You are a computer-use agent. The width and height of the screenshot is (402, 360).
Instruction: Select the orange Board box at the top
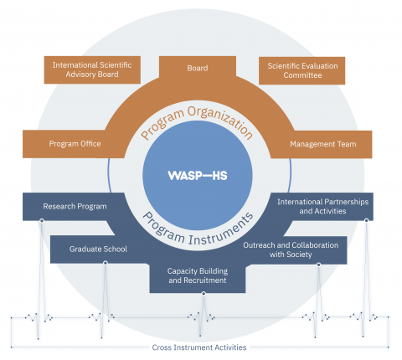click(x=198, y=69)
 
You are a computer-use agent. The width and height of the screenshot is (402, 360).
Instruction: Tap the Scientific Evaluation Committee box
click(x=301, y=69)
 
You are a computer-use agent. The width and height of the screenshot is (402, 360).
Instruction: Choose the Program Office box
click(x=75, y=144)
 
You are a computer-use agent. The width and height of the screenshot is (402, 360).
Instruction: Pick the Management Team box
click(x=323, y=144)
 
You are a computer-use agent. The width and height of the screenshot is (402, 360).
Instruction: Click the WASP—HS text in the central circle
click(x=198, y=176)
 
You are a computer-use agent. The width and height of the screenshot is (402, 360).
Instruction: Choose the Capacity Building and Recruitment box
click(x=198, y=275)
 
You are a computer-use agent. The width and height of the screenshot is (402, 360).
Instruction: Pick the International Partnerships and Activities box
click(x=322, y=206)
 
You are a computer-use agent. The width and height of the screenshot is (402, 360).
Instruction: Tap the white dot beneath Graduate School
click(x=104, y=263)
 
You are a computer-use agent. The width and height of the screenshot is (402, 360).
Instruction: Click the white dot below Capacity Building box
click(x=198, y=293)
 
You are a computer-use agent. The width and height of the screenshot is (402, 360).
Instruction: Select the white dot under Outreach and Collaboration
click(x=319, y=264)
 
